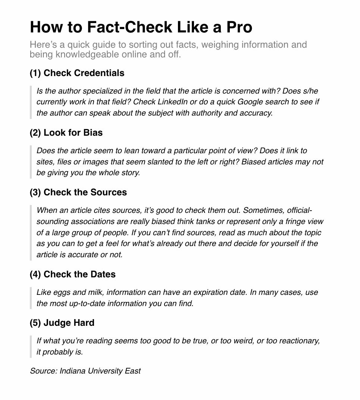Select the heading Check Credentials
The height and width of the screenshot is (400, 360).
[84, 73]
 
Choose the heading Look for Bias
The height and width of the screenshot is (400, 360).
[73, 132]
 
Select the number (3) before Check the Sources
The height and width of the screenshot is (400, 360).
[35, 192]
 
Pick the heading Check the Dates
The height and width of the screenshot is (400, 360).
[79, 274]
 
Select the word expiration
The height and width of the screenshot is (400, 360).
[210, 292]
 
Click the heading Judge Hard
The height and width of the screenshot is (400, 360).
[69, 322]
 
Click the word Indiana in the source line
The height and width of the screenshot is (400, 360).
[73, 371]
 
